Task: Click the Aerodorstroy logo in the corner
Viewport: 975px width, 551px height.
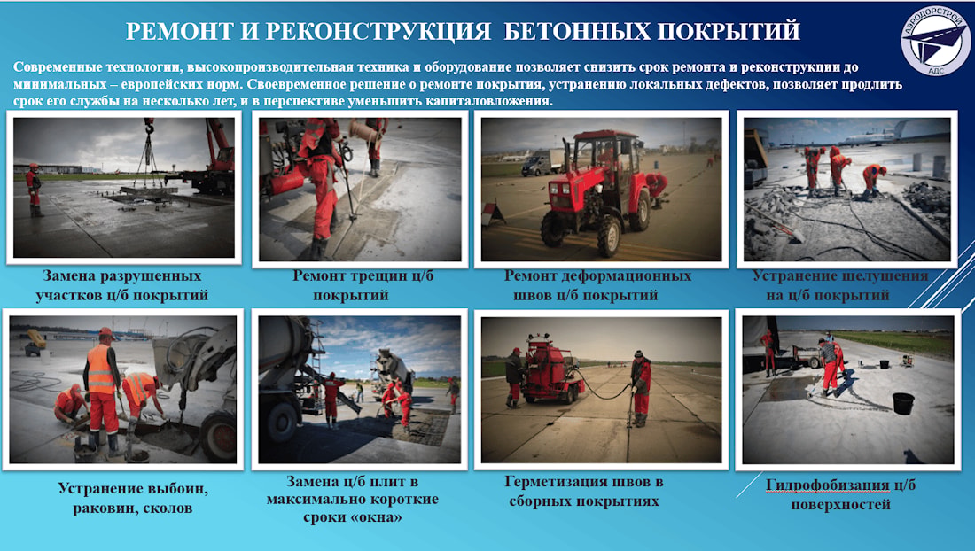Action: click(x=935, y=42)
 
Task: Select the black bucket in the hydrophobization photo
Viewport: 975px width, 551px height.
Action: click(x=903, y=403)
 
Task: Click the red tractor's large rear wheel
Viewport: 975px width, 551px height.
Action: click(x=610, y=236)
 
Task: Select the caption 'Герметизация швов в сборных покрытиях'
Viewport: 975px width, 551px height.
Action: click(x=584, y=492)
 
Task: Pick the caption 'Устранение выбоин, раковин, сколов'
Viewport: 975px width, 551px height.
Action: click(x=133, y=498)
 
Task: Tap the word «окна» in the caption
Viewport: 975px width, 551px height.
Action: click(x=376, y=516)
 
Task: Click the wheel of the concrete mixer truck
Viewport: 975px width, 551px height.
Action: click(x=282, y=423)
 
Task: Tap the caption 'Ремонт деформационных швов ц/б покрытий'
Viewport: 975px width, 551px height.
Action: click(x=597, y=285)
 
